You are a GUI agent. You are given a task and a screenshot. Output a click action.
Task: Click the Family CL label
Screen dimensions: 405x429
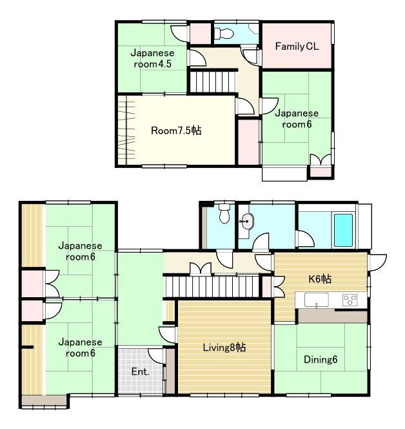pyautogui.click(x=297, y=47)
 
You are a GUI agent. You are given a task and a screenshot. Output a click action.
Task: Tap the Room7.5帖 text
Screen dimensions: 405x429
pyautogui.click(x=176, y=131)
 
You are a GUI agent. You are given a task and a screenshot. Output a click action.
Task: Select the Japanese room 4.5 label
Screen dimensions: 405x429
pyautogui.click(x=152, y=58)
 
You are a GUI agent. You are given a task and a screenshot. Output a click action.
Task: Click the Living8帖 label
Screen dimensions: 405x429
pyautogui.click(x=224, y=348)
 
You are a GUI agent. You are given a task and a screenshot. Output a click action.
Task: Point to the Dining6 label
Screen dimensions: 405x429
pyautogui.click(x=321, y=359)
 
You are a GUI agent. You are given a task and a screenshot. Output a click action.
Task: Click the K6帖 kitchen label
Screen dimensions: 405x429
pyautogui.click(x=320, y=279)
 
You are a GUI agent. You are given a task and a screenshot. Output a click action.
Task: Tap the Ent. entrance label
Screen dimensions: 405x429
pyautogui.click(x=140, y=371)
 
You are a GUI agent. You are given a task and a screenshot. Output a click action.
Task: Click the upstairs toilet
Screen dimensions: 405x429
pyautogui.click(x=224, y=34)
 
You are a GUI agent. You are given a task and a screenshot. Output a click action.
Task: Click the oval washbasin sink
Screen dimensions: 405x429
pyautogui.click(x=247, y=222)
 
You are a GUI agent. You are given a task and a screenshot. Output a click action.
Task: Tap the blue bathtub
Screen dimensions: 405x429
pyautogui.click(x=343, y=230)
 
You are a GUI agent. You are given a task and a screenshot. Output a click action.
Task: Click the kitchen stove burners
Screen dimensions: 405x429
pyautogui.click(x=350, y=300)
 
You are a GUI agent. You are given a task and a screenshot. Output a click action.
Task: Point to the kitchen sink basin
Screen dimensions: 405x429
pyautogui.click(x=317, y=300)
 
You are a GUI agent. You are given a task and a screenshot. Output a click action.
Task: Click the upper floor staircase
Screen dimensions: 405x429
pyautogui.click(x=212, y=82)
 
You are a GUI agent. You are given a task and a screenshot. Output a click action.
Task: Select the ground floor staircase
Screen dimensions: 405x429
pyautogui.click(x=212, y=286)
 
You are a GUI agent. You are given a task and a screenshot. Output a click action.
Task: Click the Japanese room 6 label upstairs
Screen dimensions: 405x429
pyautogui.click(x=297, y=119)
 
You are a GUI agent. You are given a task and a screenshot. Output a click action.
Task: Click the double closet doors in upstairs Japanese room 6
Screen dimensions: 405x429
pyautogui.click(x=321, y=160)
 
